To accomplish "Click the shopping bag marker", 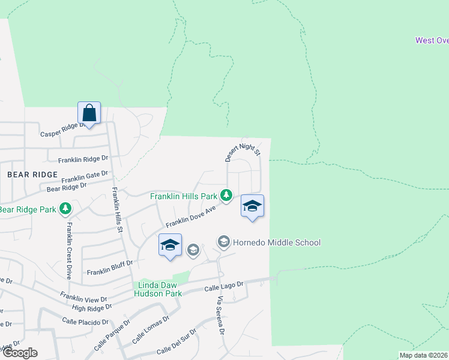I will coord(89,113).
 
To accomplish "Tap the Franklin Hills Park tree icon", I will coord(226,195).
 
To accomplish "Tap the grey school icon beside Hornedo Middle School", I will coord(224,242).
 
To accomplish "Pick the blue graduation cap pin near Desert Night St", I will coord(252,206).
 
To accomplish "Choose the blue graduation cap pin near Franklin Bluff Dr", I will coord(170,245).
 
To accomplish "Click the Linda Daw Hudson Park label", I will coord(160,289).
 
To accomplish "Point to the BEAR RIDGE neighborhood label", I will coord(32,174).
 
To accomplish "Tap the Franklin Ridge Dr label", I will coord(83,160).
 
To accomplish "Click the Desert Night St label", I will coord(243,151).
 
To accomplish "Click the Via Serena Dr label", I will coord(221,316).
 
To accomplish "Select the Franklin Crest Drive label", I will coord(70,250).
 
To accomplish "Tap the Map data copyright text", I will coord(424,355).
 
